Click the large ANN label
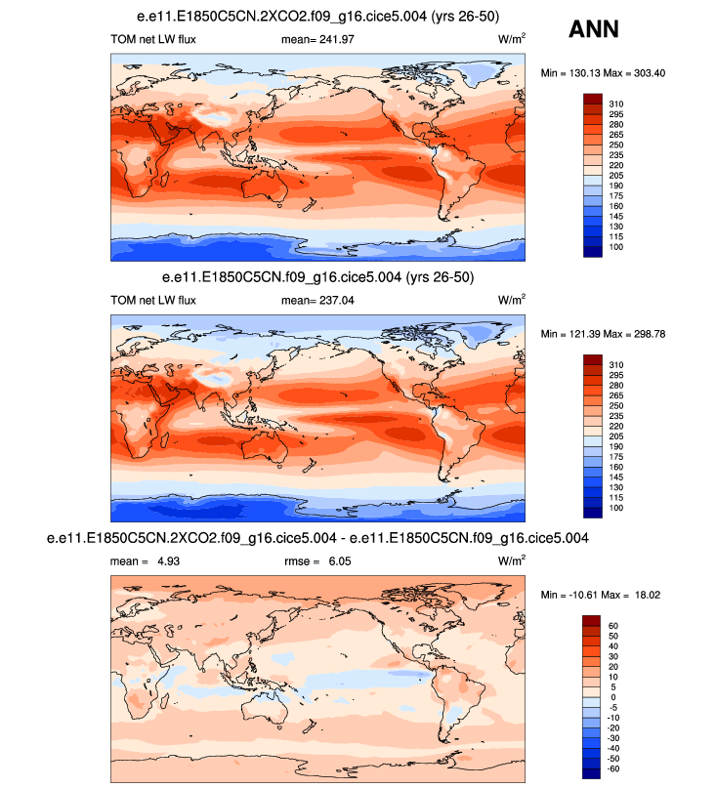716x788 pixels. coord(593,30)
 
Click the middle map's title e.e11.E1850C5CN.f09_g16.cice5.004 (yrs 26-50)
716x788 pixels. coord(318,278)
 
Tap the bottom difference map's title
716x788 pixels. coord(318,538)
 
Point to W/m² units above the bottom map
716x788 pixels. coord(512,560)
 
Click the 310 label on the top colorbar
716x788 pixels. coord(617,103)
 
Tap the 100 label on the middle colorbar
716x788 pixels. coord(617,510)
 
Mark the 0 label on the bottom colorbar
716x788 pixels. coord(611,697)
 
